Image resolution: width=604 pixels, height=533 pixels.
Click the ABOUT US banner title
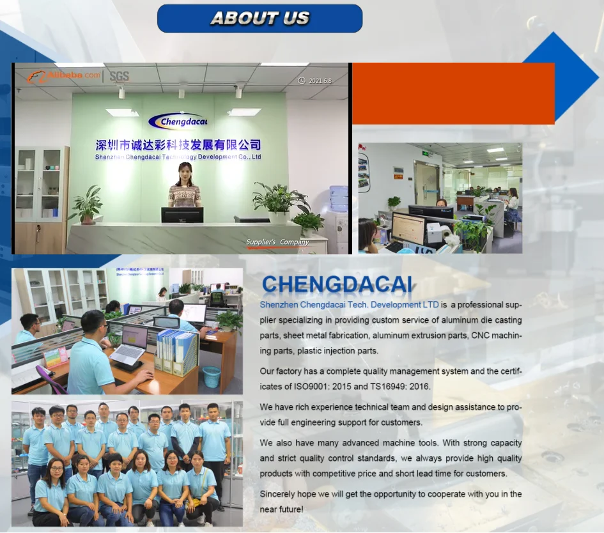pyautogui.click(x=259, y=19)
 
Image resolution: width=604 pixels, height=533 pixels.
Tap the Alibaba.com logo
pyautogui.click(x=64, y=76)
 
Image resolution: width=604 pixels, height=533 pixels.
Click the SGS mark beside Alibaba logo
pyautogui.click(x=119, y=76)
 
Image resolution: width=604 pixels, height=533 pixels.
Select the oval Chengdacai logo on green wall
pyautogui.click(x=178, y=121)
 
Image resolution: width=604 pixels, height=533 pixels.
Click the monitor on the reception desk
pyautogui.click(x=182, y=215)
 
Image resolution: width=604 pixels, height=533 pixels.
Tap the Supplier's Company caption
pyautogui.click(x=277, y=242)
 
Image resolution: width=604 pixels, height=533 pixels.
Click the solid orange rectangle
pyautogui.click(x=453, y=93)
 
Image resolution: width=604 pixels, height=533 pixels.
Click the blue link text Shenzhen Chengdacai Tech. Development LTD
pyautogui.click(x=349, y=305)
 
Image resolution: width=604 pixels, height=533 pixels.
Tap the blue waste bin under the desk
pyautogui.click(x=212, y=376)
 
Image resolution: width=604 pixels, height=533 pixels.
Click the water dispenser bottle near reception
pyautogui.click(x=339, y=198)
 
